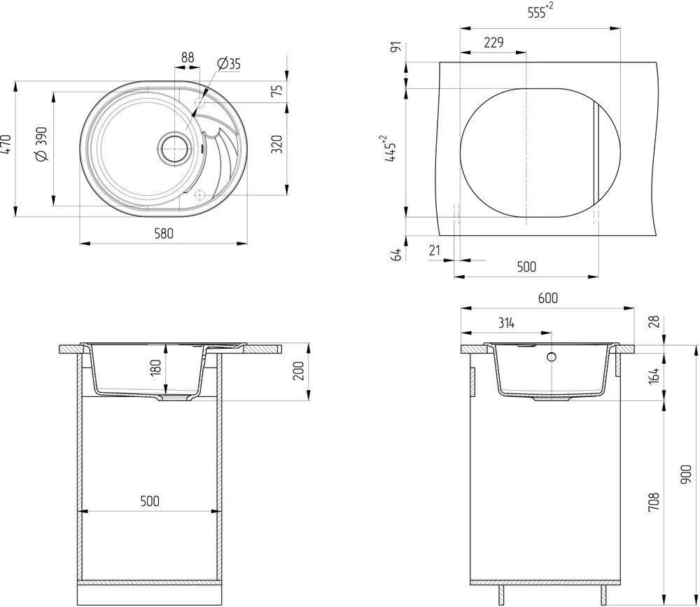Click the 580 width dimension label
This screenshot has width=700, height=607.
coord(164,234)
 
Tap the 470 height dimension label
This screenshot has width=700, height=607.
coord(6,145)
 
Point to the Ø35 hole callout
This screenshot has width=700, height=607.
coord(229,64)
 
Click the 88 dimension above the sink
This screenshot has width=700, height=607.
coord(188,57)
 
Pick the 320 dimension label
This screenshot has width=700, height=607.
coord(277,144)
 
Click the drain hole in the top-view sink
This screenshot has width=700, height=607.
coord(174,148)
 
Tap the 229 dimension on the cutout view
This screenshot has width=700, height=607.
coord(493,43)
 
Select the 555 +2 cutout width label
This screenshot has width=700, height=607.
coord(540,11)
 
